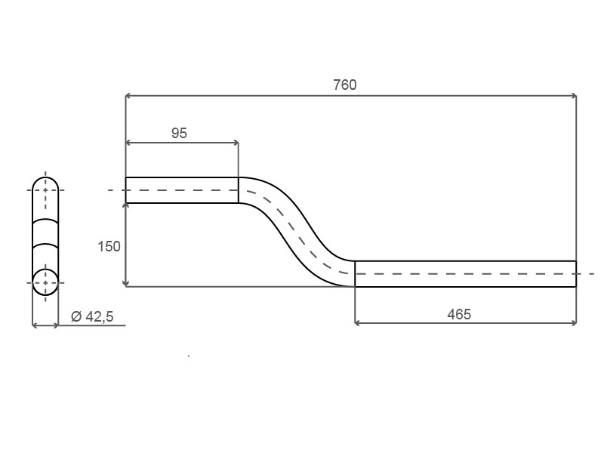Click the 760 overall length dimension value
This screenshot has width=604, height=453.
[x=345, y=85]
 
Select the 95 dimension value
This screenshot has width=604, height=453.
[x=179, y=133]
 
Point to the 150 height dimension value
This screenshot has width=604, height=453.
[x=109, y=246]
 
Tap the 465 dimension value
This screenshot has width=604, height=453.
[x=458, y=313]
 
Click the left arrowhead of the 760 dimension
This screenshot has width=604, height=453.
[x=128, y=96]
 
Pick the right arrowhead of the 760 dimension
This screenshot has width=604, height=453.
[x=573, y=96]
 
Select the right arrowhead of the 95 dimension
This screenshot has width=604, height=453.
[x=236, y=142]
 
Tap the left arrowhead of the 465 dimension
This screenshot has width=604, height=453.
[x=358, y=323]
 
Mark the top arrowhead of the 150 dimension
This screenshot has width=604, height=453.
[x=125, y=207]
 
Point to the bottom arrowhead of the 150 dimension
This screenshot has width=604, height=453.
[x=125, y=282]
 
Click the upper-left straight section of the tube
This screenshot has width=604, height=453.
[x=181, y=190]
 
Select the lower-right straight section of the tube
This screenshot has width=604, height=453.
[x=464, y=273]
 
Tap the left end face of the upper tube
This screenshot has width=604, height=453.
[x=125, y=190]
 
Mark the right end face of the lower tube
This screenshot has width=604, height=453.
[x=576, y=273]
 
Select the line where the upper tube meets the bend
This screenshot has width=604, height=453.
[x=239, y=190]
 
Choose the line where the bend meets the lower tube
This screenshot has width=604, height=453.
[x=355, y=273]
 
